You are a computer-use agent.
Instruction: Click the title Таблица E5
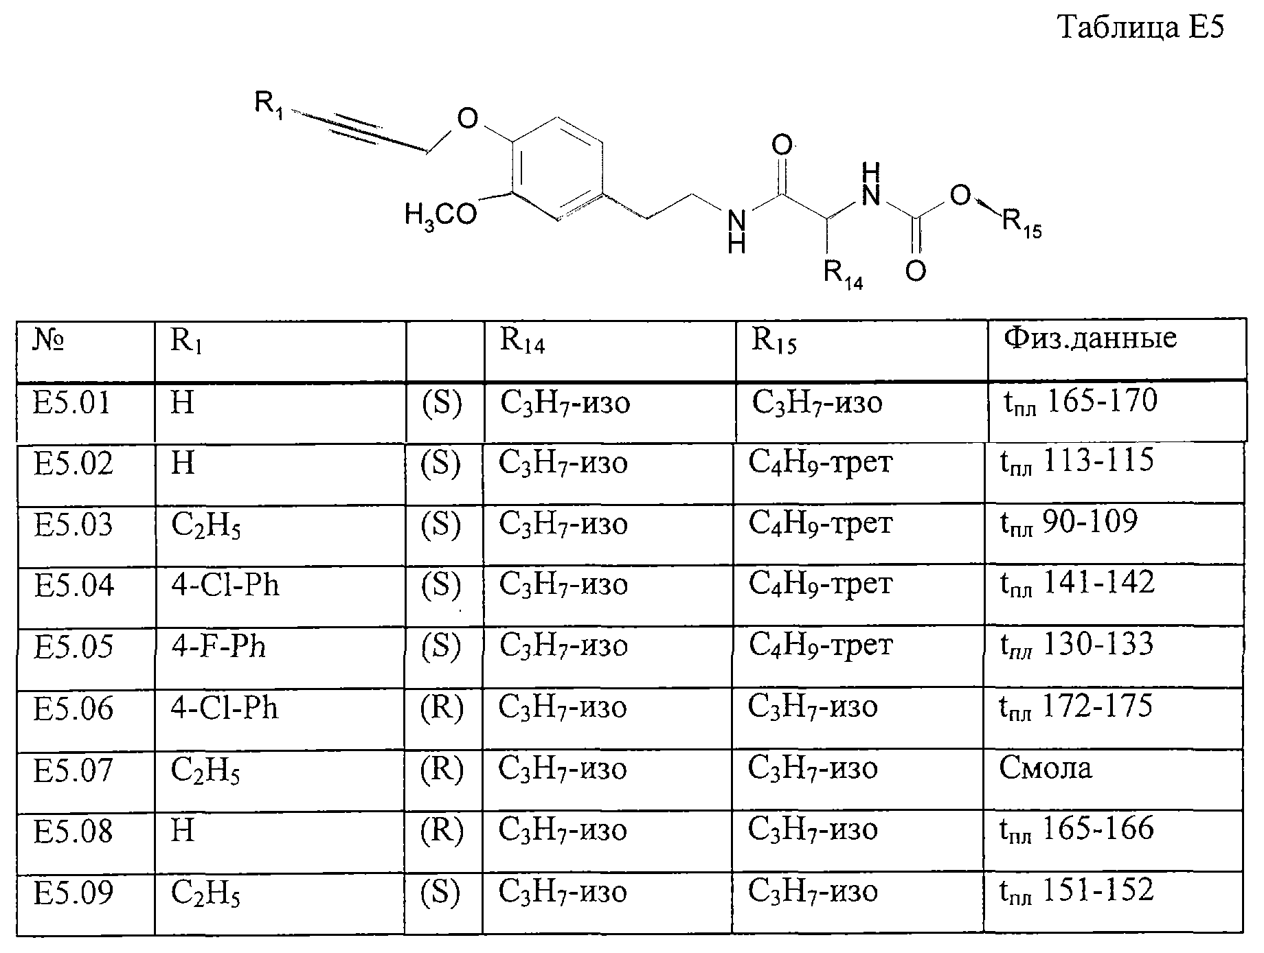tap(1141, 28)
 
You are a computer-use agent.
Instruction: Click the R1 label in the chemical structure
tap(269, 104)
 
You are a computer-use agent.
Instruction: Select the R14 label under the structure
tap(844, 274)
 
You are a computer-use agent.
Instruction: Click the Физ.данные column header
tap(1090, 338)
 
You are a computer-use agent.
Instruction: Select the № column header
tap(49, 340)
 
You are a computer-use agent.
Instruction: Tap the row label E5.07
tap(74, 770)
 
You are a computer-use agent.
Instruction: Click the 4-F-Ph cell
tap(218, 647)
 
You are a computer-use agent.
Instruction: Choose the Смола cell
tap(1045, 768)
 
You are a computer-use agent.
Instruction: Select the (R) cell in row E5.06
tap(442, 708)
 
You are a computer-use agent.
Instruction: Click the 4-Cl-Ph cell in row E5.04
tap(225, 586)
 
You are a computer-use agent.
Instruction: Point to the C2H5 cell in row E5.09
tap(205, 895)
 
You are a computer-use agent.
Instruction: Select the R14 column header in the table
tap(523, 341)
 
